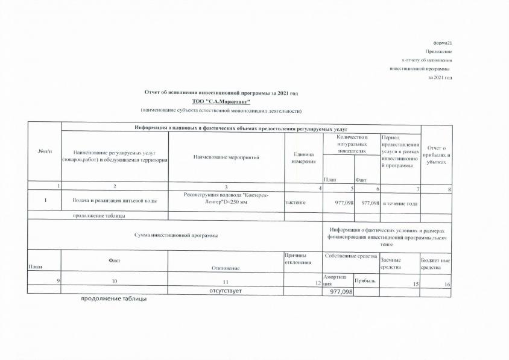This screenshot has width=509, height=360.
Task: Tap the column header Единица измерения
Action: [300, 158]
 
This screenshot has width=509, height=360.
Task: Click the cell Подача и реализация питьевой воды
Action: [115, 201]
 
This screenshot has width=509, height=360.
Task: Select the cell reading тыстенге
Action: [296, 203]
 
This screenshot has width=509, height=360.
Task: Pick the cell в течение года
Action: [400, 203]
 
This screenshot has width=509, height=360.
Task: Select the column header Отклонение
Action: [226, 268]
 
